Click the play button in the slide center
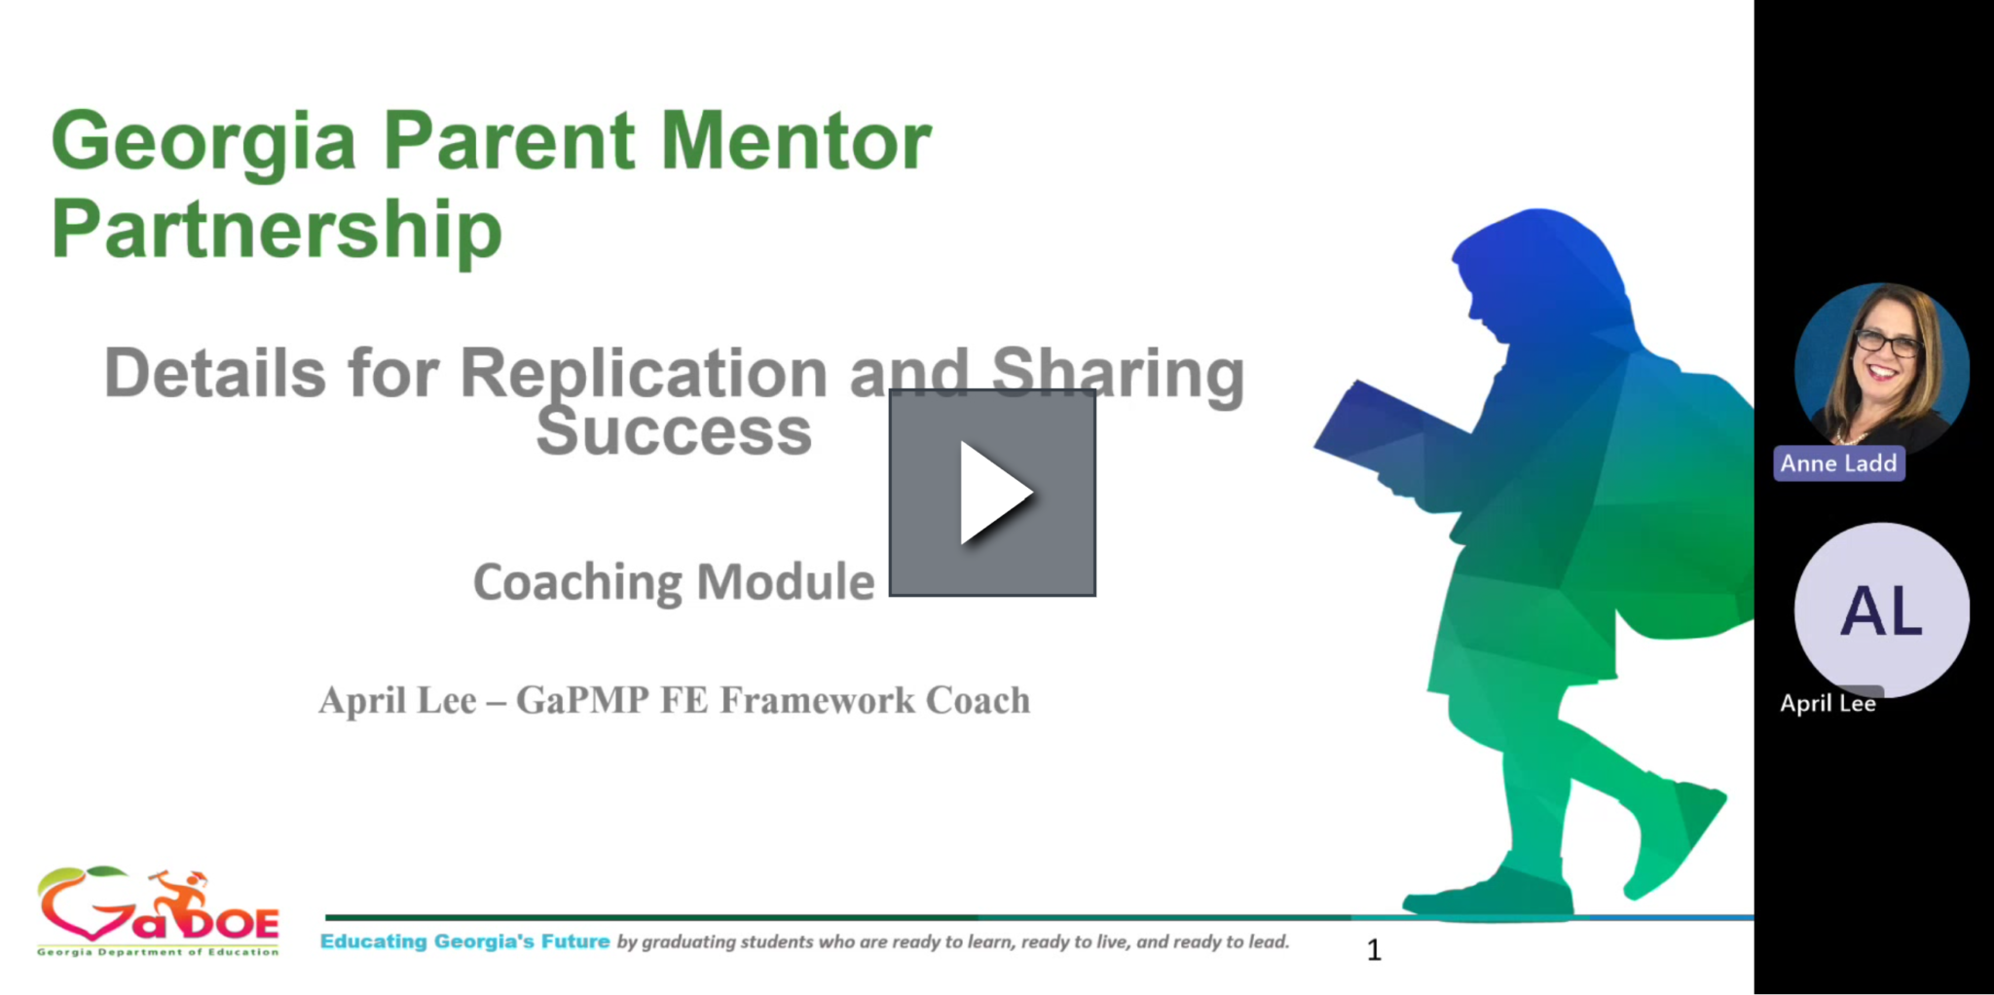992,493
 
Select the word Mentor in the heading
795,141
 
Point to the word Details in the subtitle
214,373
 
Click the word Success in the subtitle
674,431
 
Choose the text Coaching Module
674,582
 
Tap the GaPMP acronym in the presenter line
582,700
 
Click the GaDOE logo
158,911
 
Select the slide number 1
1374,950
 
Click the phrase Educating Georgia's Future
464,941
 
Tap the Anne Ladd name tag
1838,463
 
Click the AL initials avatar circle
1881,610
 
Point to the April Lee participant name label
1828,703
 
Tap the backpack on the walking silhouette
1694,497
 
